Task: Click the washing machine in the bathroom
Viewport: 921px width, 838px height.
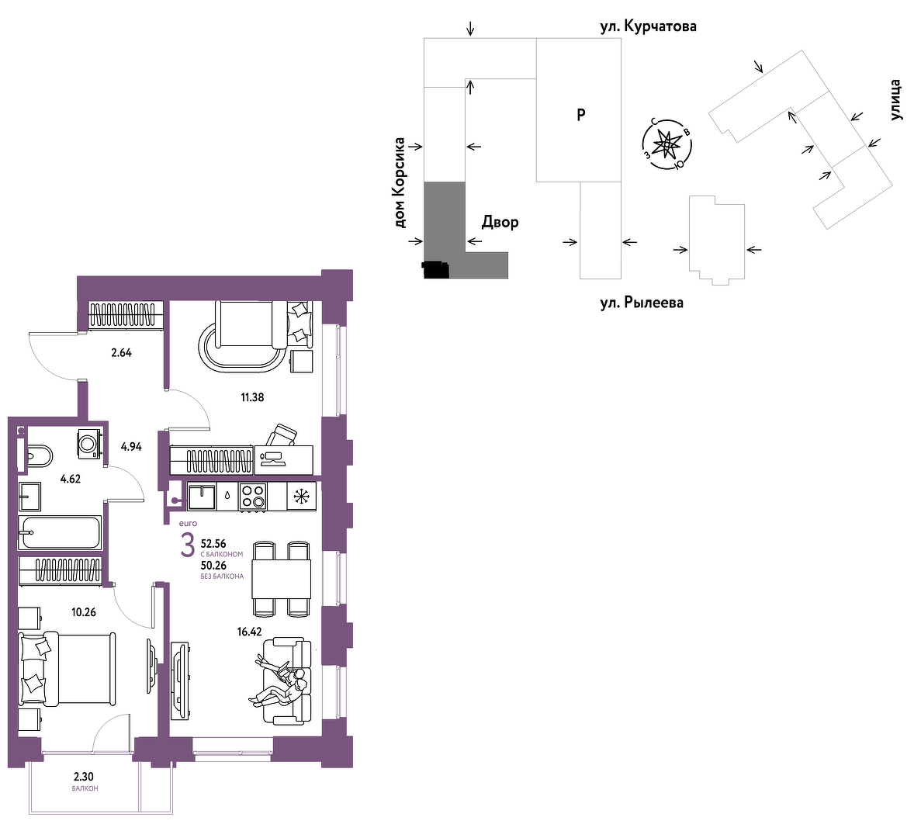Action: (x=90, y=442)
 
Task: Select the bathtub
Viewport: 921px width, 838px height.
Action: (x=60, y=532)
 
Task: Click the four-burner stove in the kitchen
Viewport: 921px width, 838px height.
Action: (x=253, y=497)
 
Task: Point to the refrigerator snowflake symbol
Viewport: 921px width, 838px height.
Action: (x=301, y=497)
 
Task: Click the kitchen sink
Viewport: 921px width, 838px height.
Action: (x=202, y=497)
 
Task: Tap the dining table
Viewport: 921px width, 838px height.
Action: (x=282, y=578)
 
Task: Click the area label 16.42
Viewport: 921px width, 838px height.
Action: (x=250, y=632)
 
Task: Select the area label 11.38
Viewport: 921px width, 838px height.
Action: (x=252, y=397)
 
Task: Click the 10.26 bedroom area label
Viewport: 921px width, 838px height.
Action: (x=84, y=612)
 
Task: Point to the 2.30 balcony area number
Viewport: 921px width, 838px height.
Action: (x=84, y=777)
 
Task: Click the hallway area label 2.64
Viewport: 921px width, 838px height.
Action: (x=122, y=353)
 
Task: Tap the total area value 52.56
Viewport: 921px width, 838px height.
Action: (x=213, y=544)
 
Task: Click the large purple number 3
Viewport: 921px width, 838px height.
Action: (x=187, y=546)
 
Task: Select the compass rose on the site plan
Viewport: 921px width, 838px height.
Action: (x=667, y=144)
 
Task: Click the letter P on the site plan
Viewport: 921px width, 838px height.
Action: (x=581, y=115)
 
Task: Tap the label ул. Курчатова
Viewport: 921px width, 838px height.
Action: (x=649, y=26)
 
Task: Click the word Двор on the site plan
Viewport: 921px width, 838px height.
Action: (x=500, y=222)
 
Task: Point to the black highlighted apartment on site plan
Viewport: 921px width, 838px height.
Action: (x=436, y=270)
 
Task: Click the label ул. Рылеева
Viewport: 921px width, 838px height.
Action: (x=642, y=303)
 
